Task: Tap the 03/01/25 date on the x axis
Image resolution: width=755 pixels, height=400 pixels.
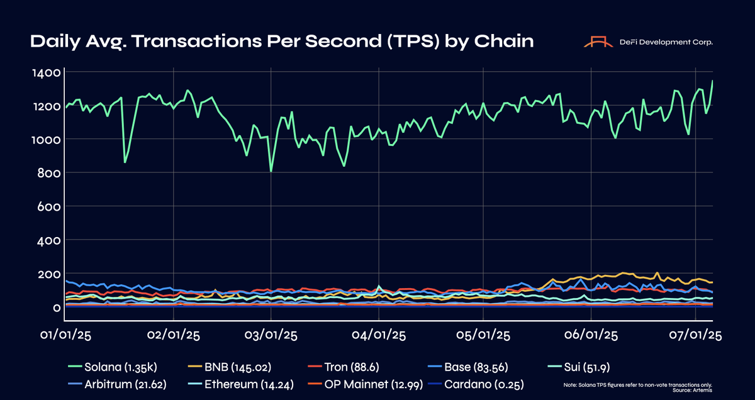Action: [x=271, y=336]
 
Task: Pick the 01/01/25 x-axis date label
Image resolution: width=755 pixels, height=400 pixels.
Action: [x=65, y=336]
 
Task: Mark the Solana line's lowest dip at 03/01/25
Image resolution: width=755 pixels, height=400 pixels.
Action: [x=271, y=171]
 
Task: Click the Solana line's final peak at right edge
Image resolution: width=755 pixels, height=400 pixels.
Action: [x=712, y=81]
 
